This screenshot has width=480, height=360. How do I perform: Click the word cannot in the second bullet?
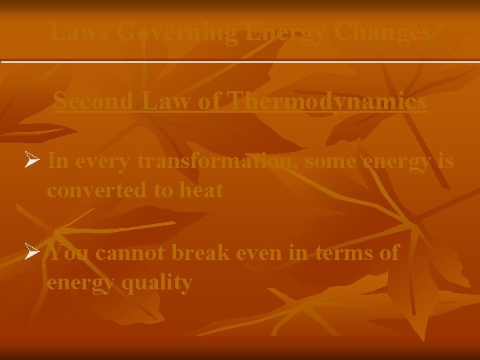pyautogui.click(x=131, y=253)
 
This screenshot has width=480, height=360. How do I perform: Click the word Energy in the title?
pyautogui.click(x=283, y=31)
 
